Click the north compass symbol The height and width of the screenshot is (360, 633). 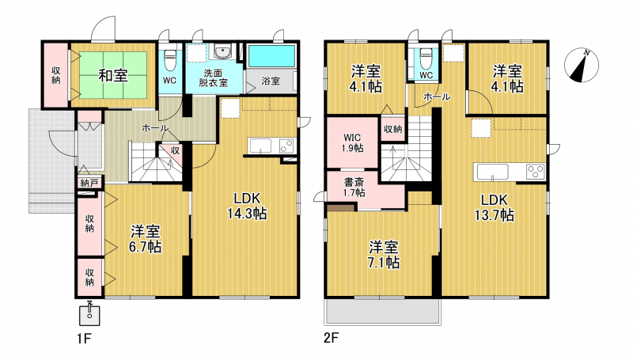tap(582, 65)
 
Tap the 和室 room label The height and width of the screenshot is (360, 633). tap(113, 75)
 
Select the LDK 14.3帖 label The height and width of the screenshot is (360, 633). tap(247, 206)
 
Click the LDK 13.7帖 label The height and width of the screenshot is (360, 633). tap(494, 207)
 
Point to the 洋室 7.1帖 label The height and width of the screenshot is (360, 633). tap(384, 254)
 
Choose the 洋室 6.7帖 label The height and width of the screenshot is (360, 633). tap(145, 239)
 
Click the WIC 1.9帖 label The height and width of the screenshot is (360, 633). tap(352, 143)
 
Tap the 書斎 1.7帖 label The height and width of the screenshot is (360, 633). tap(354, 188)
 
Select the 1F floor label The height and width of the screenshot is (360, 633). tap(84, 338)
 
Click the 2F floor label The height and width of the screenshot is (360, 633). tap(331, 338)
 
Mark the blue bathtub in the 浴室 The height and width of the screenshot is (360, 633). tap(271, 56)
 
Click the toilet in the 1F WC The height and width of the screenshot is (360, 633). tap(170, 59)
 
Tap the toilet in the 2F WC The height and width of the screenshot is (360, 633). tap(426, 58)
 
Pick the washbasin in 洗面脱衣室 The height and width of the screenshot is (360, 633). tap(222, 52)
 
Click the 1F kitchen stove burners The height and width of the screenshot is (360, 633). tap(286, 146)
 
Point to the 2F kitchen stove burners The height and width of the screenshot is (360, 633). tap(536, 172)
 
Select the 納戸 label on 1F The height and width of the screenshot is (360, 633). tap(89, 184)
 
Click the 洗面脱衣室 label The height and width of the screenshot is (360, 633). tap(213, 78)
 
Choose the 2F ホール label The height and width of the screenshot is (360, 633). tap(437, 97)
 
